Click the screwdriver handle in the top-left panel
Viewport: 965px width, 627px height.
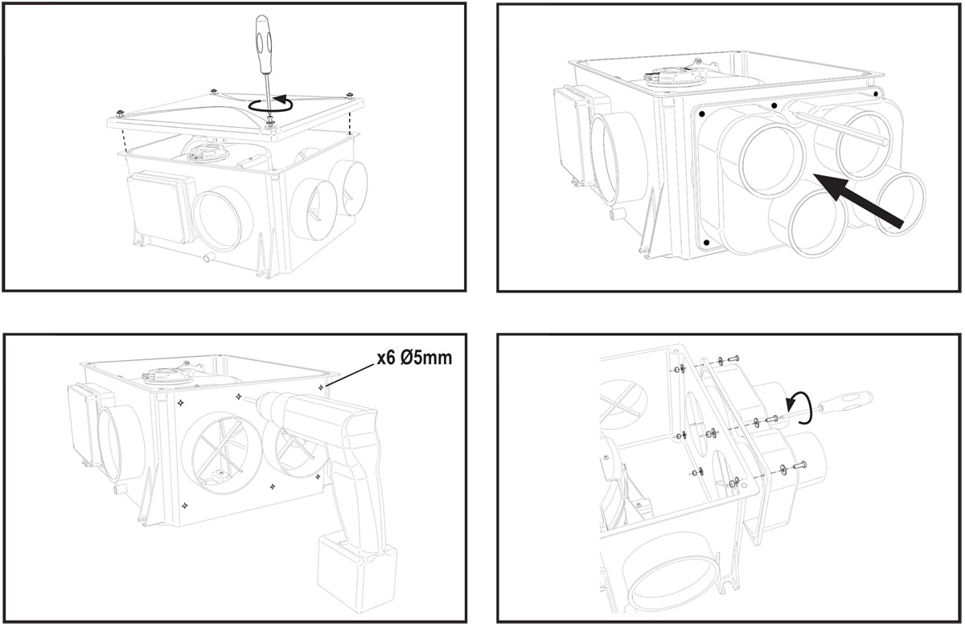(262, 39)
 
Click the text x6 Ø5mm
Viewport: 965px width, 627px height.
(414, 358)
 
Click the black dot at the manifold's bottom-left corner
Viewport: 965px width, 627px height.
(705, 241)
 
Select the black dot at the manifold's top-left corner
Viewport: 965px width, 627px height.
(702, 115)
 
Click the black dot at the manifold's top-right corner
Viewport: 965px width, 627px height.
(876, 94)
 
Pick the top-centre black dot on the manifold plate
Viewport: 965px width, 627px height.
(773, 105)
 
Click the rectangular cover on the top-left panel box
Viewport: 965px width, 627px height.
(158, 208)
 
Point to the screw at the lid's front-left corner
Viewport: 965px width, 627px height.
(119, 110)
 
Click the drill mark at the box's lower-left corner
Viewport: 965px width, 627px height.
(184, 505)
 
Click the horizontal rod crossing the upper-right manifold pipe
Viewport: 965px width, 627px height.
(844, 129)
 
